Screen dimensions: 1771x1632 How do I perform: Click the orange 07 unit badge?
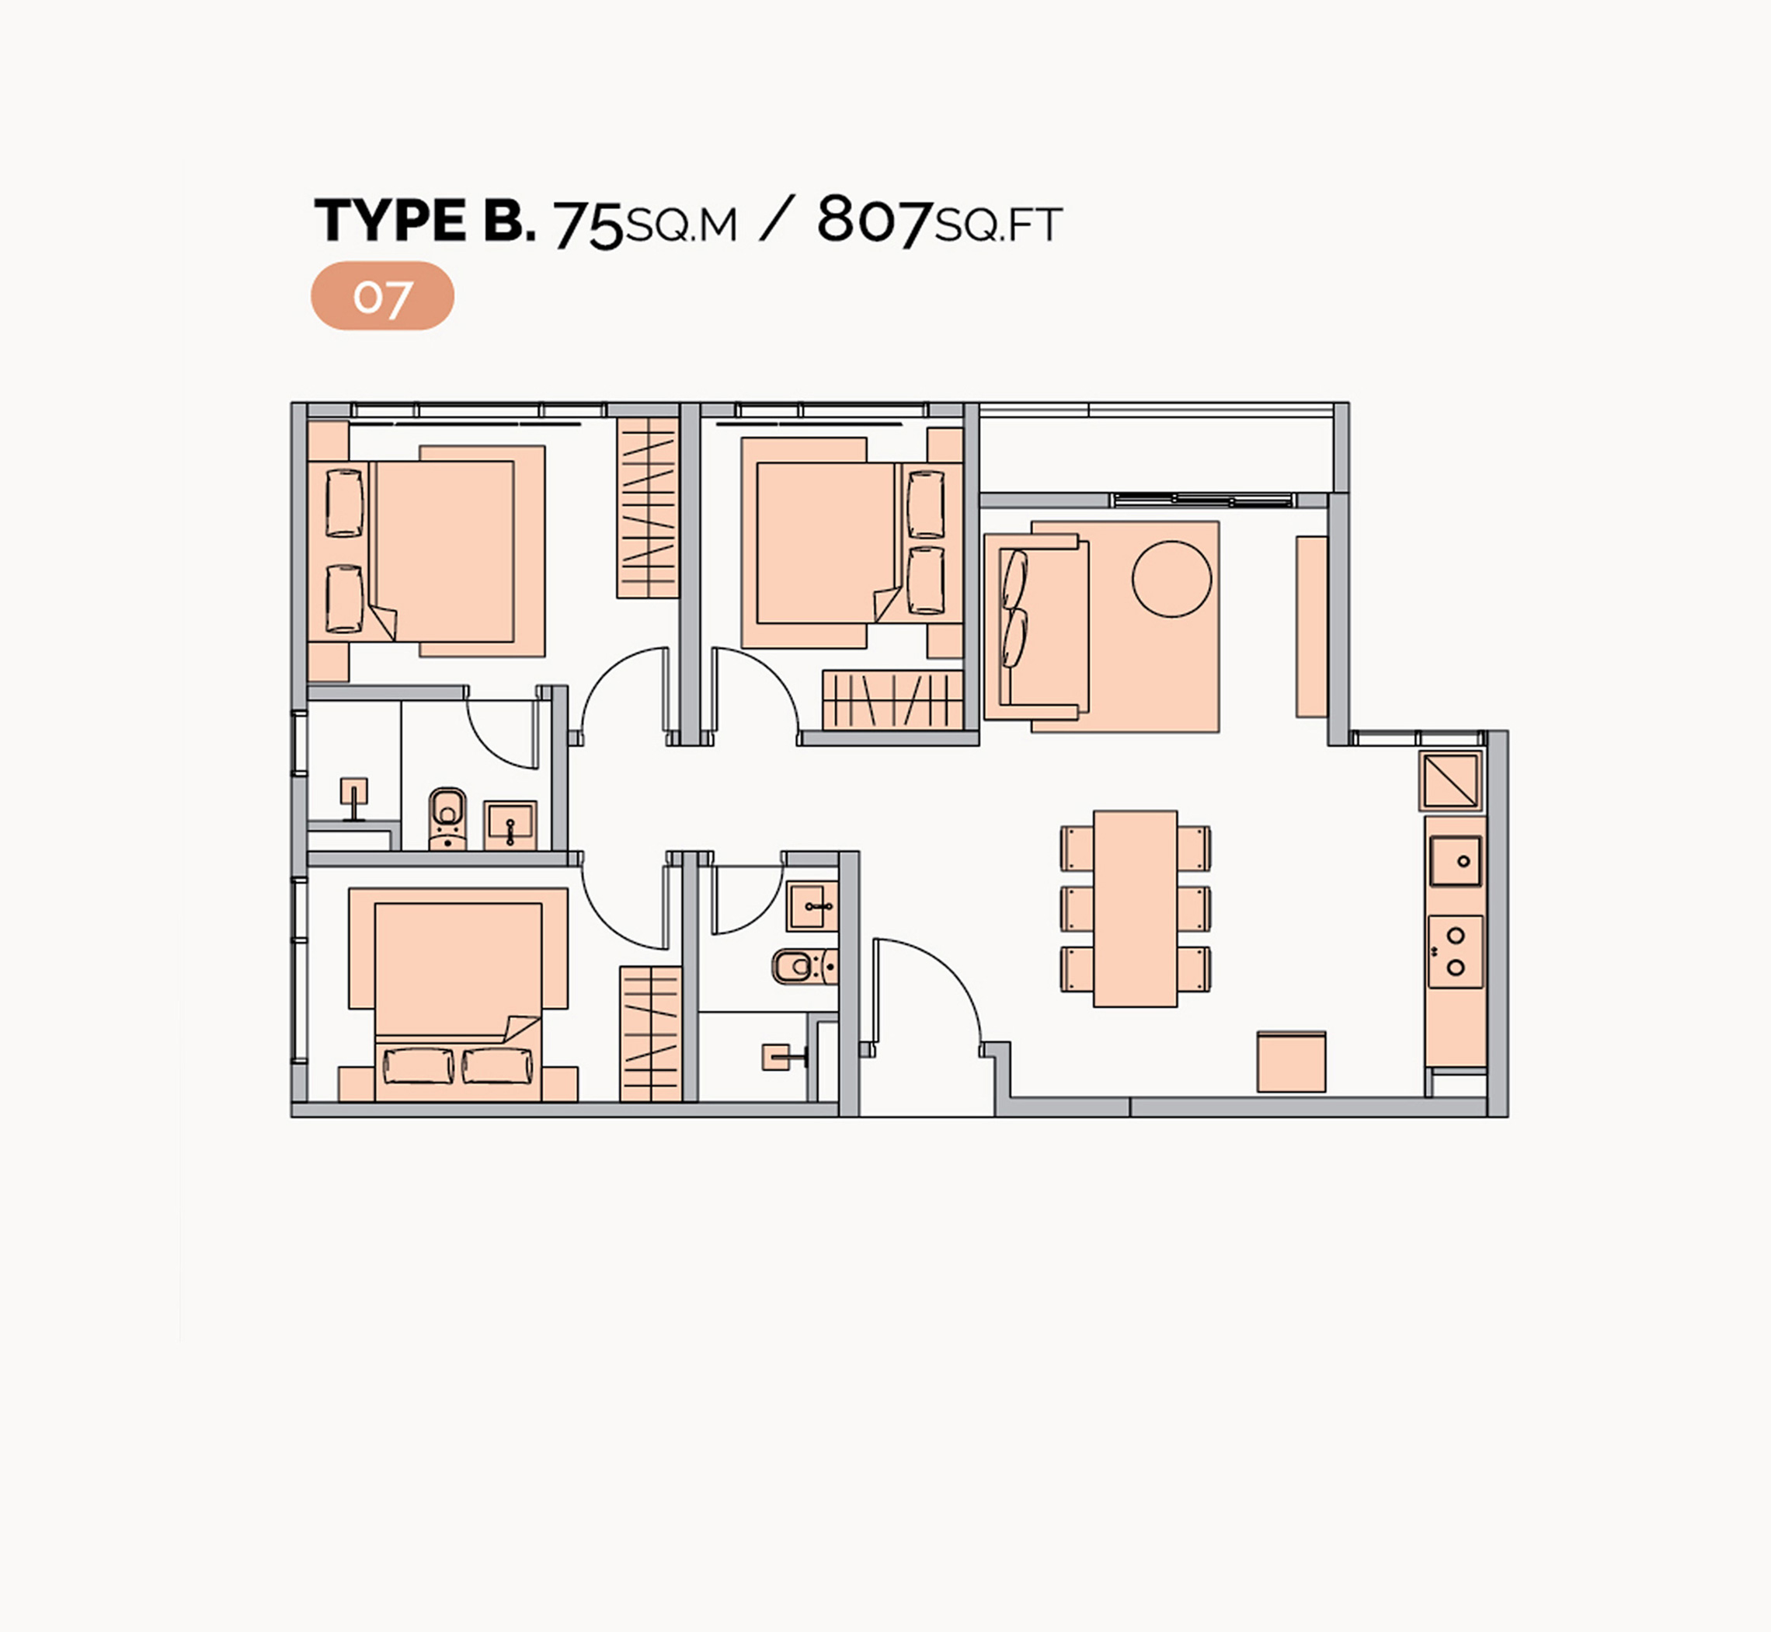pyautogui.click(x=382, y=296)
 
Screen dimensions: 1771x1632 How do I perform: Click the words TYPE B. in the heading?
pyautogui.click(x=425, y=220)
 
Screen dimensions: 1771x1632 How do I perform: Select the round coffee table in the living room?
pyautogui.click(x=1171, y=579)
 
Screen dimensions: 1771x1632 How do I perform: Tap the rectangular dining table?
pyautogui.click(x=1136, y=908)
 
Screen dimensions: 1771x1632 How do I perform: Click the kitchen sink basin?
pyautogui.click(x=1456, y=861)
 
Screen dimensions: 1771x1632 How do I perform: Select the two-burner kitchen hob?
pyautogui.click(x=1456, y=951)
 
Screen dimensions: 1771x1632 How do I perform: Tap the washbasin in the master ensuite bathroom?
pyautogui.click(x=510, y=825)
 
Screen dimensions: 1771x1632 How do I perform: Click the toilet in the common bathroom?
pyautogui.click(x=803, y=965)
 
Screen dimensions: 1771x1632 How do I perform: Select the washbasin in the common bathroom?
pyautogui.click(x=812, y=907)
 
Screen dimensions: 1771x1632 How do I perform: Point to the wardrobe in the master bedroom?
pyautogui.click(x=647, y=507)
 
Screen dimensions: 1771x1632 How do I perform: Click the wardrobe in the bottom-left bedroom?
pyautogui.click(x=651, y=1034)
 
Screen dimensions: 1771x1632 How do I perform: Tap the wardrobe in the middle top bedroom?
pyautogui.click(x=892, y=700)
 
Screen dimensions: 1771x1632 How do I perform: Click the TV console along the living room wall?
pyautogui.click(x=1312, y=626)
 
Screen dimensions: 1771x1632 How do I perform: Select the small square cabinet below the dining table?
pyautogui.click(x=1292, y=1062)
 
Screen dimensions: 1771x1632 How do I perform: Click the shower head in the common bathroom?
pyautogui.click(x=781, y=1057)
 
